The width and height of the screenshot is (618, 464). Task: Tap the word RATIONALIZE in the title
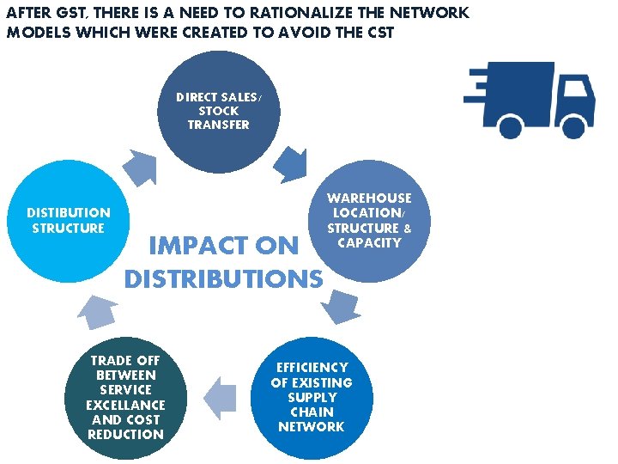pyautogui.click(x=292, y=14)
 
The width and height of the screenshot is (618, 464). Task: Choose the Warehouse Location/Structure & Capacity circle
pyautogui.click(x=369, y=225)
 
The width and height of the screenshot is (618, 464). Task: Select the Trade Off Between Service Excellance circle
pyautogui.click(x=125, y=397)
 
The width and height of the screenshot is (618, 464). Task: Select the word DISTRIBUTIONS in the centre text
pyautogui.click(x=224, y=279)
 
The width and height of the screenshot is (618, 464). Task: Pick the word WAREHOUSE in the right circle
pyautogui.click(x=369, y=198)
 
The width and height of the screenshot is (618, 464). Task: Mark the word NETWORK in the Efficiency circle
pyautogui.click(x=312, y=427)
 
